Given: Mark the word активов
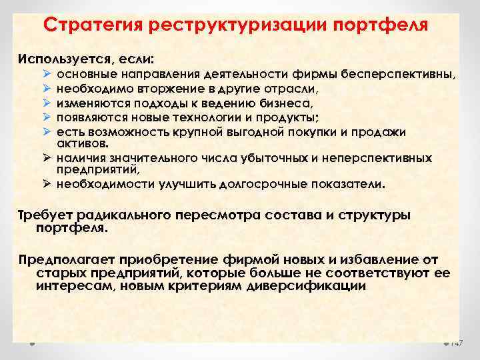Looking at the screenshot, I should [77, 143].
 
